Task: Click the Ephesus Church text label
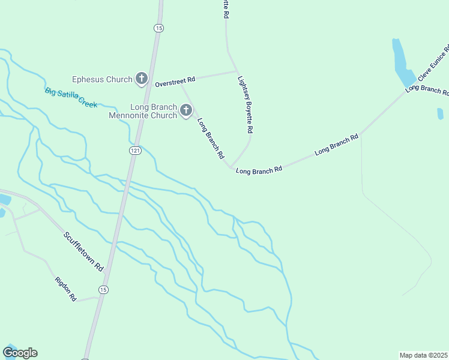101,79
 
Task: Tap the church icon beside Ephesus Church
142,79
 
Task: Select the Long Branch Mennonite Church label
142,111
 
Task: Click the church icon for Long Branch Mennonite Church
186,110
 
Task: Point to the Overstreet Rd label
175,80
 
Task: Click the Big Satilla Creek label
71,97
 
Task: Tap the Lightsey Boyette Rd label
246,104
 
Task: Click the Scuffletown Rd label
83,250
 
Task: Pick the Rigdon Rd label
65,289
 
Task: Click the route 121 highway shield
135,151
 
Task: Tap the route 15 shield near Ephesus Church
158,28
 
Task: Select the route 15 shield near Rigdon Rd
104,290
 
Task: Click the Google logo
20,353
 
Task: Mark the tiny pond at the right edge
440,113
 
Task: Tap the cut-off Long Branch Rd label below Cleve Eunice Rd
427,89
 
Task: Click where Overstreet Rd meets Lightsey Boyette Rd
236,71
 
